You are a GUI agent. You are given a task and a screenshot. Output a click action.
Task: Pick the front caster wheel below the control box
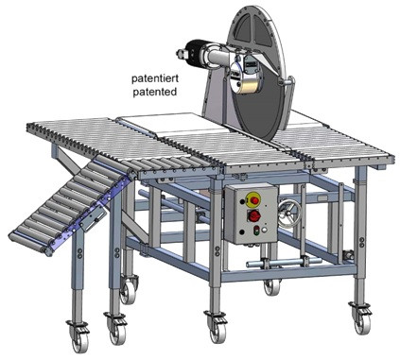click(x=214, y=326)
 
